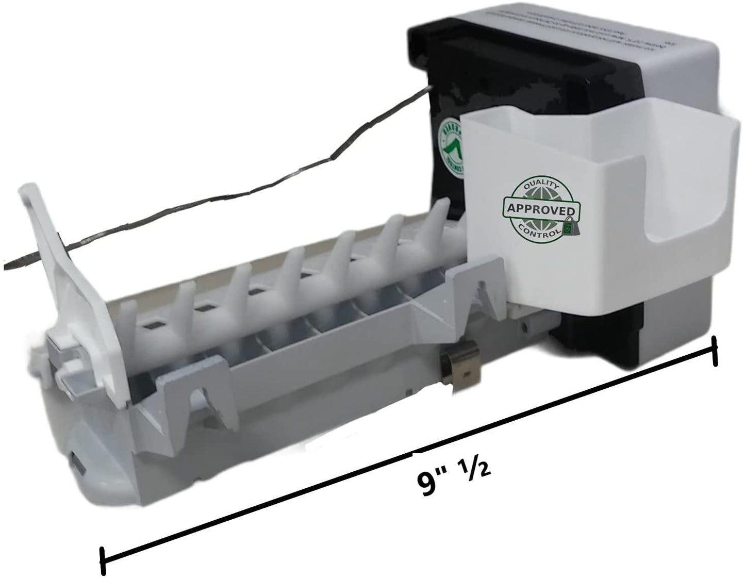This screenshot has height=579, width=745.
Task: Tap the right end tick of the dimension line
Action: (x=715, y=351)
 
